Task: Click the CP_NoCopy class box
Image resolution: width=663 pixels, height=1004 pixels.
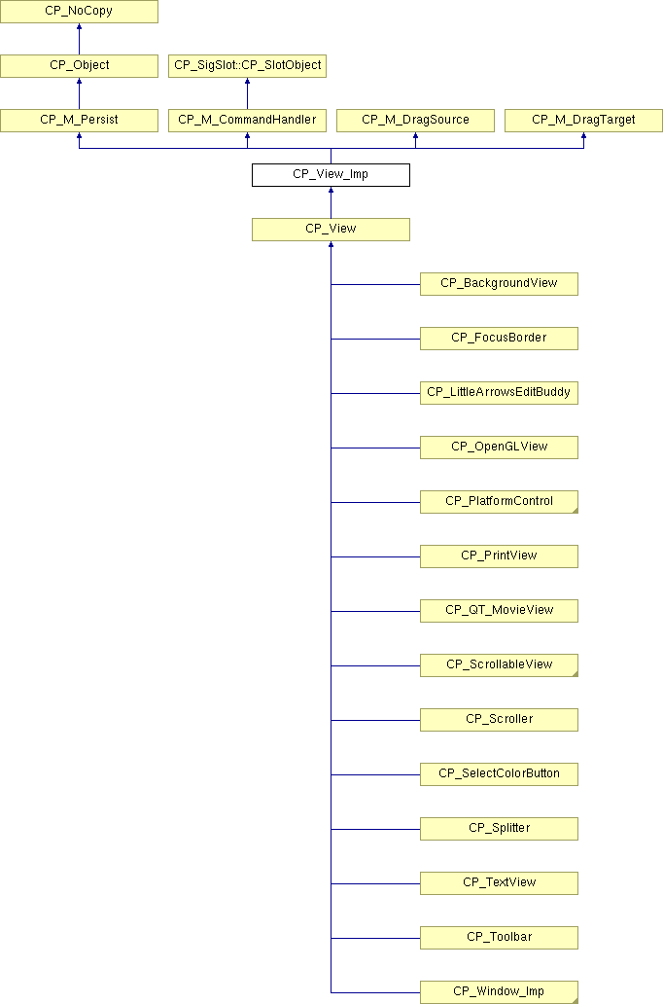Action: (x=79, y=12)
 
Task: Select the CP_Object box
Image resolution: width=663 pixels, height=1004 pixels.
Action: (x=79, y=66)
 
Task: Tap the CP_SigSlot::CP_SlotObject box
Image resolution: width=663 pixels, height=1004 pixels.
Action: (x=247, y=66)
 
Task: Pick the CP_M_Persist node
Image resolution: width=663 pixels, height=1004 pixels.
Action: (x=79, y=121)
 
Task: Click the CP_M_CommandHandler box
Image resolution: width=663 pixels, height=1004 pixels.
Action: (x=247, y=121)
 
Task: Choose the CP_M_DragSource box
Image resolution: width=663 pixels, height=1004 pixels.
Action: (x=415, y=121)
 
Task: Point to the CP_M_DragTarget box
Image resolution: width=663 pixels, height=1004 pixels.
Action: (x=583, y=121)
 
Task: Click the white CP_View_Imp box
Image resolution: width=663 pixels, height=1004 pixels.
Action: (x=331, y=175)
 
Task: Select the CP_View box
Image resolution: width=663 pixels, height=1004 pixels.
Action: (x=331, y=230)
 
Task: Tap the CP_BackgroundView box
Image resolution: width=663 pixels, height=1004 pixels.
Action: (x=499, y=284)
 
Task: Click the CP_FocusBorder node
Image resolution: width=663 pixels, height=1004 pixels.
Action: (x=499, y=339)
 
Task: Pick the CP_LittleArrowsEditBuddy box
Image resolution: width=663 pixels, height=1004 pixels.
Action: (x=499, y=392)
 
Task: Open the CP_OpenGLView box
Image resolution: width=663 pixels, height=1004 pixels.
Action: (x=499, y=447)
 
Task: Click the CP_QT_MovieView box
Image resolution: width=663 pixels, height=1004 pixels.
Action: (x=499, y=610)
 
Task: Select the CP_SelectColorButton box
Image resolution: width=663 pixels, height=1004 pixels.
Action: (x=499, y=773)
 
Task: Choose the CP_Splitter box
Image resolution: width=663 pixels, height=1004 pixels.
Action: (x=499, y=828)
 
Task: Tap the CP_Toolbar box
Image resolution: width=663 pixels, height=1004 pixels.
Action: (x=499, y=937)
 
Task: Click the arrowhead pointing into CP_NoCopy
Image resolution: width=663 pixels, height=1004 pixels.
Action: (x=80, y=27)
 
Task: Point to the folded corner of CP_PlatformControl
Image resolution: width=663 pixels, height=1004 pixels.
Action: (x=576, y=511)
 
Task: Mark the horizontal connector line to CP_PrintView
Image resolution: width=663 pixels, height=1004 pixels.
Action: (x=375, y=557)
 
